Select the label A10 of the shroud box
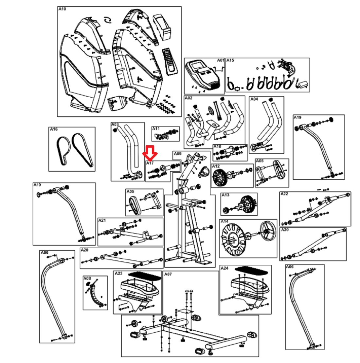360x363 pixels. (x=62, y=9)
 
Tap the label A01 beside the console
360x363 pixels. (x=221, y=61)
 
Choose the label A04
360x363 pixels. (x=254, y=99)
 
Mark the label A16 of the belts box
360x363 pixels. (x=53, y=129)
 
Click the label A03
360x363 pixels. (x=115, y=125)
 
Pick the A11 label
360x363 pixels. (x=156, y=128)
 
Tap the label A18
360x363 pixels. (x=217, y=146)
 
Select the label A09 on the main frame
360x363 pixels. (x=177, y=154)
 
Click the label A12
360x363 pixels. (x=216, y=166)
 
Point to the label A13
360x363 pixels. (x=225, y=195)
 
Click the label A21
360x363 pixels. (x=102, y=220)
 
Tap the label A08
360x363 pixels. (x=87, y=278)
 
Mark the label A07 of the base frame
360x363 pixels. (x=168, y=274)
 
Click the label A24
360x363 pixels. (x=224, y=268)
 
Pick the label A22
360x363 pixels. (x=284, y=194)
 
